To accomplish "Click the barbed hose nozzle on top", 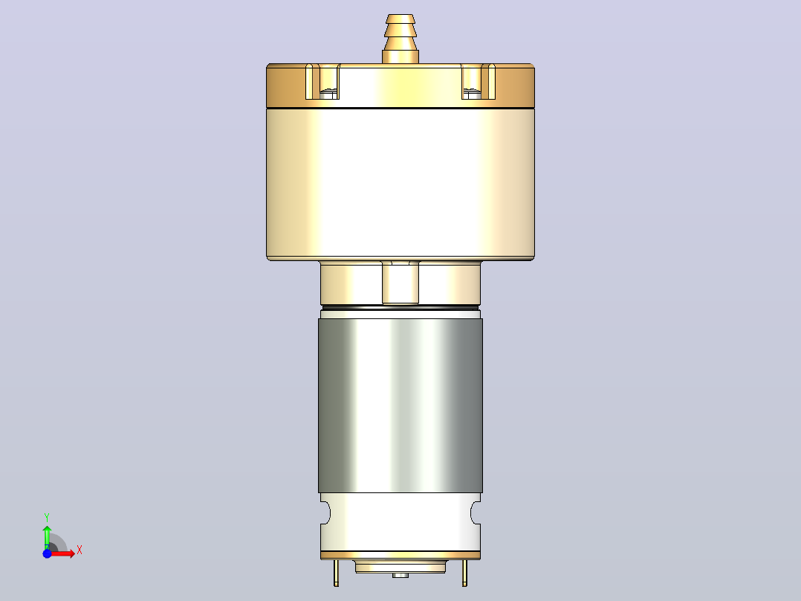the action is [x=400, y=39].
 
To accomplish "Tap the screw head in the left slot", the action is [x=329, y=94].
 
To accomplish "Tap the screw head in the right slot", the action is [x=472, y=94].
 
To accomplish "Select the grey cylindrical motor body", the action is [x=400, y=405].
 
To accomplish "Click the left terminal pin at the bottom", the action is [x=336, y=573].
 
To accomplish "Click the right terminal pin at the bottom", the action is [x=464, y=573].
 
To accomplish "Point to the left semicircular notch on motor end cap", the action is [x=325, y=513].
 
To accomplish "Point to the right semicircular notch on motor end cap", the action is [x=476, y=513].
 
